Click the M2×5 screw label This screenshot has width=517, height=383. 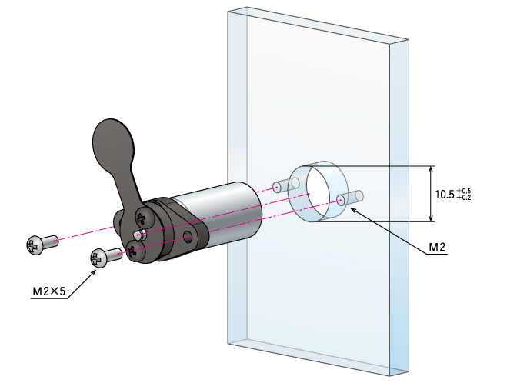49,291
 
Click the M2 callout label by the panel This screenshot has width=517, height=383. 437,247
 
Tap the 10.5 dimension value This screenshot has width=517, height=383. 445,194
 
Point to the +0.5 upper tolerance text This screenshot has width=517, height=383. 464,191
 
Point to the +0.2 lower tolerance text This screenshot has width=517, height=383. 464,198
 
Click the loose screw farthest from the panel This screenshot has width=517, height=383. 42,244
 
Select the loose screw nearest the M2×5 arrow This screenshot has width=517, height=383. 105,257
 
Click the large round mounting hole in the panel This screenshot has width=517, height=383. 319,192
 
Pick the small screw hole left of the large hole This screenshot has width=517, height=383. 277,188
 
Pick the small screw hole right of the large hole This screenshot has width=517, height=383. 340,200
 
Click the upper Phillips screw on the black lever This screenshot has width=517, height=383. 145,217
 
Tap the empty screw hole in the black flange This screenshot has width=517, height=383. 188,237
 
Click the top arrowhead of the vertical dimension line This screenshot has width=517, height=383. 430,170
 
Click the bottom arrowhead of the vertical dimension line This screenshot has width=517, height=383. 430,218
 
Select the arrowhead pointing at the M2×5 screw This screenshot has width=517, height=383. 93,272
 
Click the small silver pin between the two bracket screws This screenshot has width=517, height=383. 139,235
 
